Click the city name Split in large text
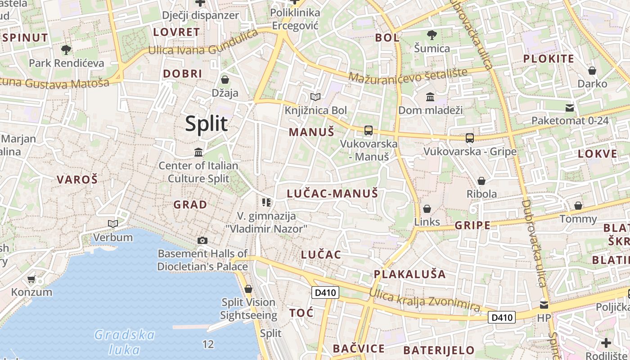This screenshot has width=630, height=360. coord(207,123)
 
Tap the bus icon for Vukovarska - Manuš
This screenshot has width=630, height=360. coord(368,130)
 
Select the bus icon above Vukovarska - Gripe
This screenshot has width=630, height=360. coord(470,138)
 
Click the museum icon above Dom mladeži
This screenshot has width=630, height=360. coord(430,97)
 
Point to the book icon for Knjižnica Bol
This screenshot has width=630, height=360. coord(315,97)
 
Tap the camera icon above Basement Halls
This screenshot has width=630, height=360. coord(202,240)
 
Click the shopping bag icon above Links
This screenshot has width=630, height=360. coord(427,208)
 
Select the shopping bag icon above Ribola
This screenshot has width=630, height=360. coord(481,181)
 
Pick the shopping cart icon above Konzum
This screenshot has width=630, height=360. coord(31,279)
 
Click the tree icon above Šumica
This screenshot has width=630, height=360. coord(432,35)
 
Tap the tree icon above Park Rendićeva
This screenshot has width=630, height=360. coord(66,49)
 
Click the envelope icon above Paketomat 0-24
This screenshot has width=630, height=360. coord(570,108)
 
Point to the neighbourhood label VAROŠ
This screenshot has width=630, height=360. coord(77,180)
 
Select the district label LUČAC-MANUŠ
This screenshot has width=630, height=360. coord(332,194)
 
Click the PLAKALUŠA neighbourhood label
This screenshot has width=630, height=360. coord(409,274)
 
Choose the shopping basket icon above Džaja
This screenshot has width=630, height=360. coord(225,80)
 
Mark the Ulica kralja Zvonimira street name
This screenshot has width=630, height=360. coord(425,300)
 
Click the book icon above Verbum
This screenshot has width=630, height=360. coord(112,224)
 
